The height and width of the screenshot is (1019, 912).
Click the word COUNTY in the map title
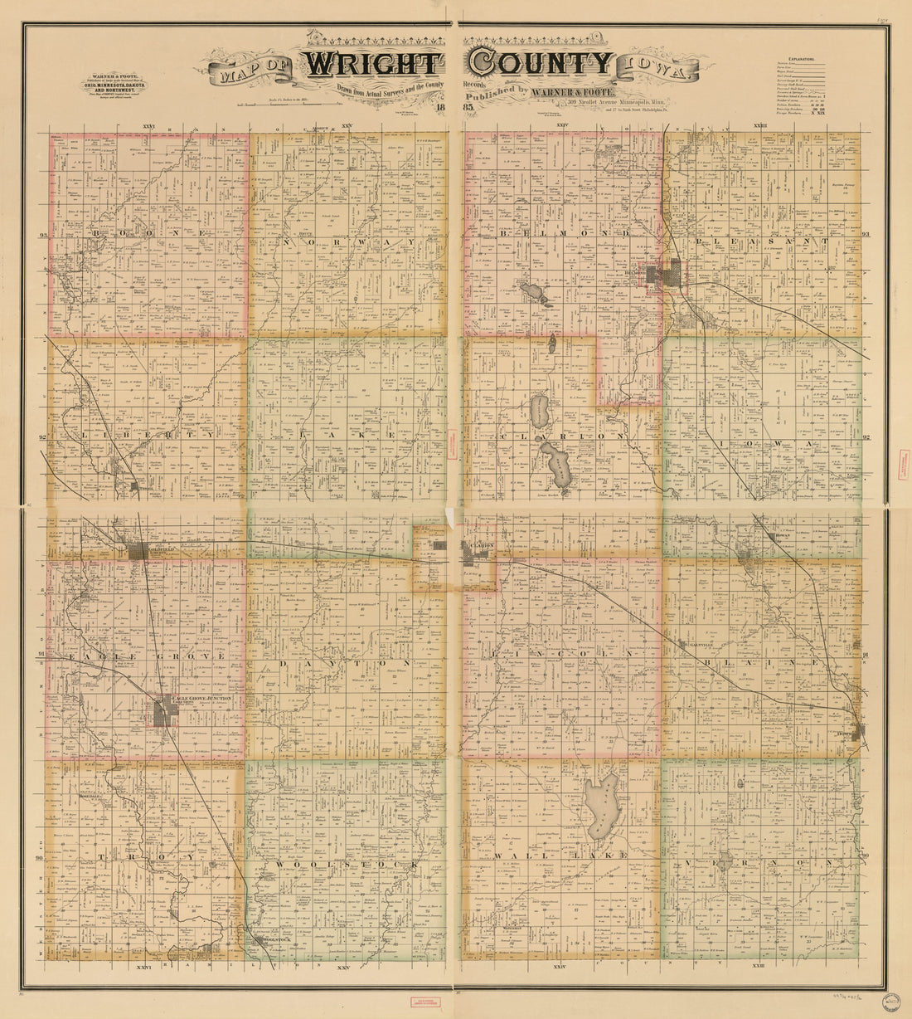[x=540, y=63]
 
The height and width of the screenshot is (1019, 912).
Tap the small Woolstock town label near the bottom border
[x=271, y=940]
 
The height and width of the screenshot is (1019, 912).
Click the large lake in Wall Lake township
[x=600, y=807]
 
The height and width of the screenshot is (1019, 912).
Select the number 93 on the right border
[x=866, y=235]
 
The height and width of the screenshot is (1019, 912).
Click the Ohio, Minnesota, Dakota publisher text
[x=115, y=85]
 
